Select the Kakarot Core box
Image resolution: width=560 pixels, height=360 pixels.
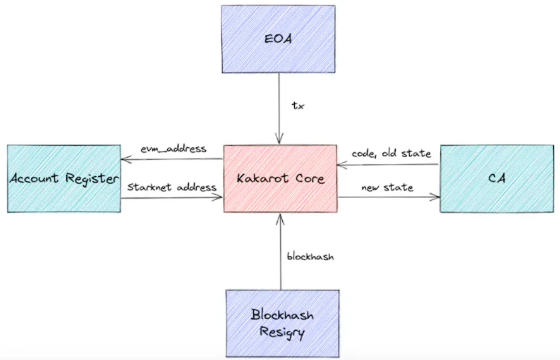pos(281,179)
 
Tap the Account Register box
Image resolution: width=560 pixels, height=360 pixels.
pos(63,179)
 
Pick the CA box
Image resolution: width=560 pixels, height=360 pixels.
pos(497,179)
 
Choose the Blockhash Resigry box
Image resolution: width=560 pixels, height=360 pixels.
pos(282,323)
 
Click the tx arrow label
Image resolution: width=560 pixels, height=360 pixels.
pos(298,106)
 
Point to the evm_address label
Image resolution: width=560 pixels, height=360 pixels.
pos(173,149)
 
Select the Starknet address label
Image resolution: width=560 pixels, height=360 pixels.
pos(172,187)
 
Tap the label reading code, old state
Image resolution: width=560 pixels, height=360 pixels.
pos(391,154)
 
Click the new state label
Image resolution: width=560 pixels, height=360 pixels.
pos(387,187)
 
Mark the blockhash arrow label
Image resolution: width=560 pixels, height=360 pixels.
pos(311,256)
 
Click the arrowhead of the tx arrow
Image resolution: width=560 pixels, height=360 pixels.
pos(278,141)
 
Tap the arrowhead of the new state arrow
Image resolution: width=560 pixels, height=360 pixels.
pos(436,197)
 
